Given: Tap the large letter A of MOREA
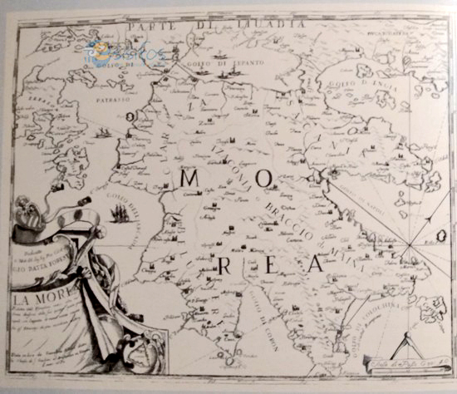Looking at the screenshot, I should click(x=314, y=264).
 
